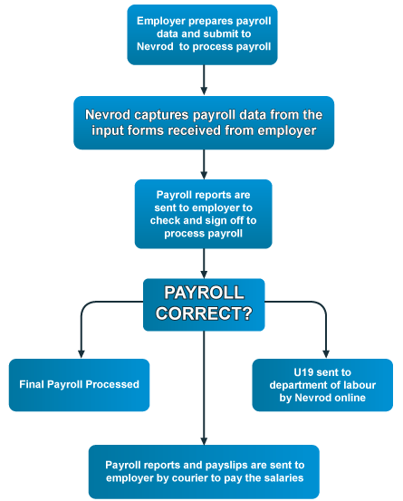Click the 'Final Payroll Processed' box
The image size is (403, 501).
[x=79, y=385]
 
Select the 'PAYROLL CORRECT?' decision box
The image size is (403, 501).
[x=204, y=304]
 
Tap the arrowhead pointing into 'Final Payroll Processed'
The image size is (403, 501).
[x=82, y=353]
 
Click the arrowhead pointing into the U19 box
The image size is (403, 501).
[x=326, y=353]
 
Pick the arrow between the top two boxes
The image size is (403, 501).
[x=204, y=80]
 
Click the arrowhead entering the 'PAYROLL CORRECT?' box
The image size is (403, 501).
[x=204, y=275]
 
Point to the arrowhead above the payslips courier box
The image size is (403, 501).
[x=204, y=440]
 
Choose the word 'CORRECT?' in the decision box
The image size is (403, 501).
[x=204, y=313]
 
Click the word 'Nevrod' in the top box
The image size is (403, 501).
[x=155, y=46]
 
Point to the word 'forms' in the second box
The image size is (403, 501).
[x=146, y=130]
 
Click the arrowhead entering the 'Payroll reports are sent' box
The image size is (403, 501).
[x=204, y=175]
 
